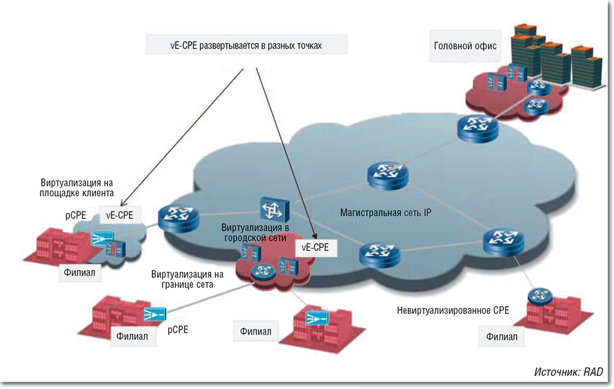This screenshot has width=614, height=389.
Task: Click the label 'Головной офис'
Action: (465, 46)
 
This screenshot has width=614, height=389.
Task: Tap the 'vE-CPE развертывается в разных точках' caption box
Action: (247, 46)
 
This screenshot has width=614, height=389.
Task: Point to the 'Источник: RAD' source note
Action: (569, 372)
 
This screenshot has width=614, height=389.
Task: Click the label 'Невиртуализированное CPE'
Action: (453, 311)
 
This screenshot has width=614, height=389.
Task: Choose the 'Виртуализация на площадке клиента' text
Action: (77, 188)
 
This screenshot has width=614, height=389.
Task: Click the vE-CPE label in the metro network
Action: (316, 247)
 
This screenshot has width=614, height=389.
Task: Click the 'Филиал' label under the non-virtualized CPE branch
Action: (502, 336)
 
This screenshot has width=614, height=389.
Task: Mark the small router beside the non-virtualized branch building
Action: (540, 296)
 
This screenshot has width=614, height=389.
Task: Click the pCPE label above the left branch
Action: (76, 215)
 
